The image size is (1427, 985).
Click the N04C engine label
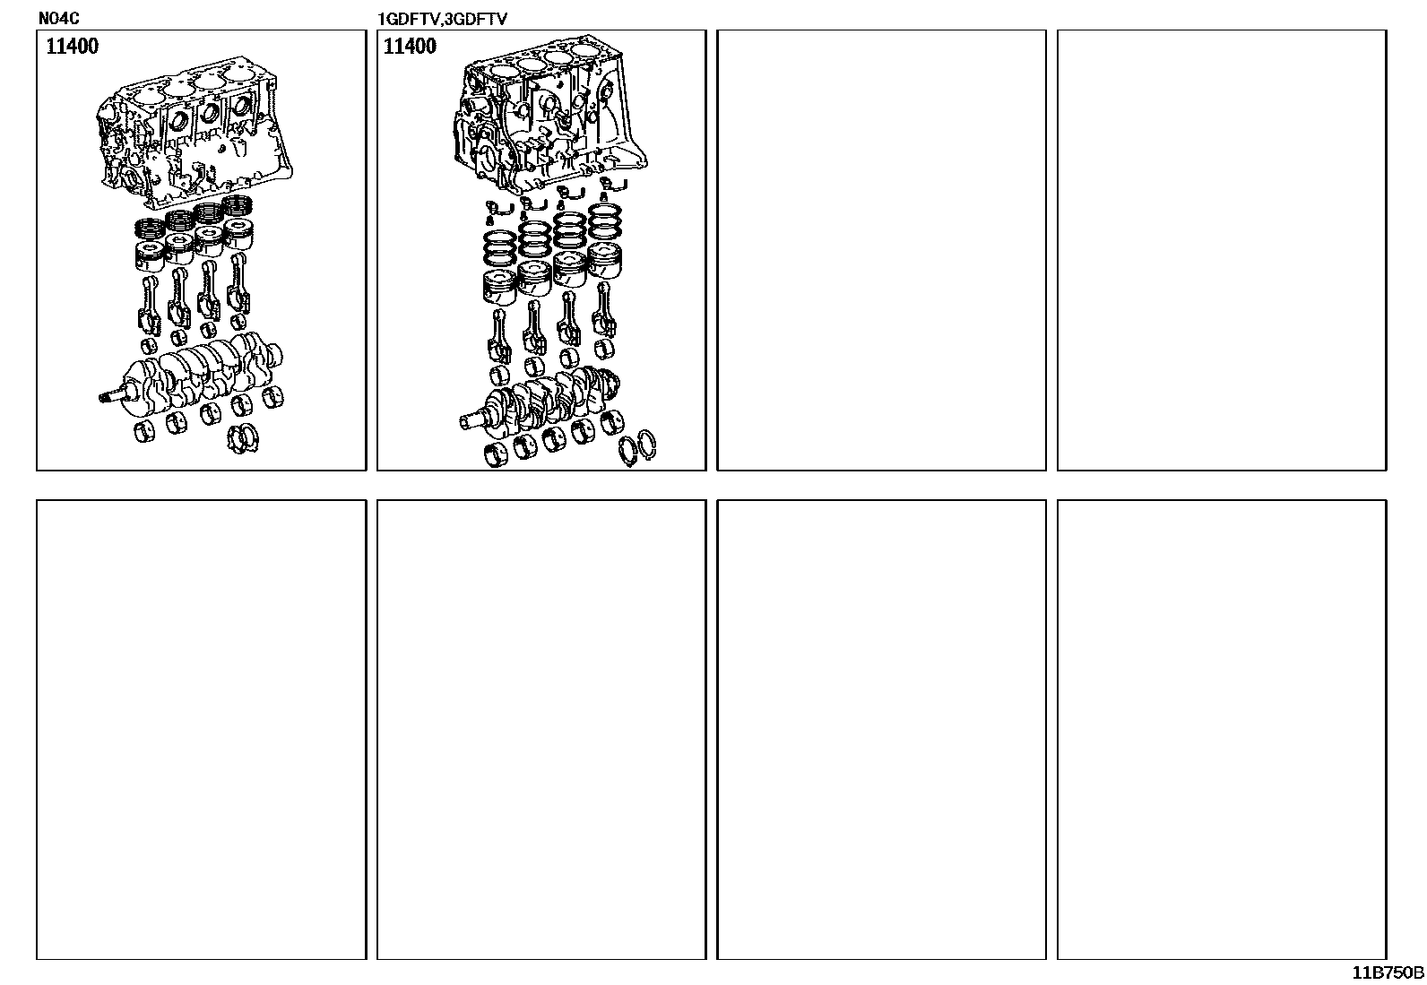[x=58, y=18]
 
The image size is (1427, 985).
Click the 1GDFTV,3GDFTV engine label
[x=442, y=19]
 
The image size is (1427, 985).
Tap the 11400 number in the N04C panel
[x=72, y=46]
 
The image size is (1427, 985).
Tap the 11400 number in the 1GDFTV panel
[x=410, y=46]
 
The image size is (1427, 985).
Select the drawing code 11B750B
[x=1388, y=972]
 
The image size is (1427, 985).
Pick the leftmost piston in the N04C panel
[x=151, y=256]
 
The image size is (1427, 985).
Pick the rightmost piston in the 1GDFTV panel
[x=604, y=260]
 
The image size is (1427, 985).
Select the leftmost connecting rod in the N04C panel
[x=150, y=306]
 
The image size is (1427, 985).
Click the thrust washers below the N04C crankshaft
[x=243, y=438]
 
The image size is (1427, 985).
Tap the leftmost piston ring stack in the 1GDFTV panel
[x=500, y=248]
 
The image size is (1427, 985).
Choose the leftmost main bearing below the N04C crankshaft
[x=144, y=432]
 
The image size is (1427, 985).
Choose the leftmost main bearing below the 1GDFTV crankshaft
[x=496, y=454]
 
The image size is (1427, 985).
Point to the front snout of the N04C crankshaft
[x=115, y=396]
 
